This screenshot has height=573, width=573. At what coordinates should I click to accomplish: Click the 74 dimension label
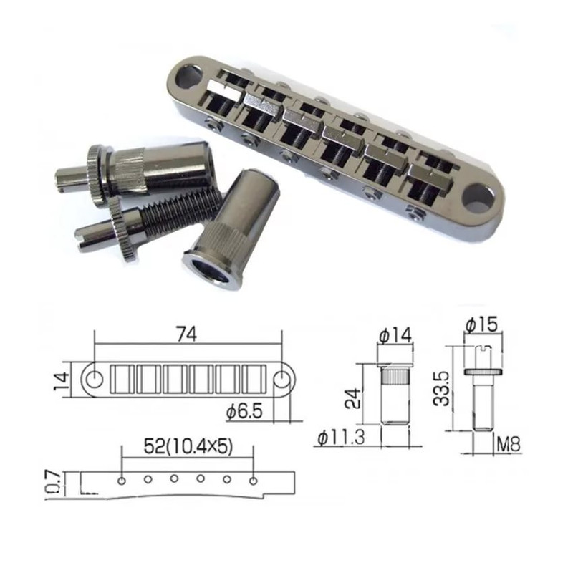186,334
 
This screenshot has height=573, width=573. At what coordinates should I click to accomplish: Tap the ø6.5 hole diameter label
244,411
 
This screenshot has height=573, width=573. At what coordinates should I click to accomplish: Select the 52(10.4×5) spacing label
188,446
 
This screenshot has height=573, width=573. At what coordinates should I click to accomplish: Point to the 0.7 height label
54,482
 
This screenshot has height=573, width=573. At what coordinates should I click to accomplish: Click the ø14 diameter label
395,335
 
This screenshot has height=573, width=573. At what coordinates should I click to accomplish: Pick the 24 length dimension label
353,398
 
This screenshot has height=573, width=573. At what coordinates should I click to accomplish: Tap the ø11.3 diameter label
341,438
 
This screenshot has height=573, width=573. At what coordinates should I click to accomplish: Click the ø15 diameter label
481,324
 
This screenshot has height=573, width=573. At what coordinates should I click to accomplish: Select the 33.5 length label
440,388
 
